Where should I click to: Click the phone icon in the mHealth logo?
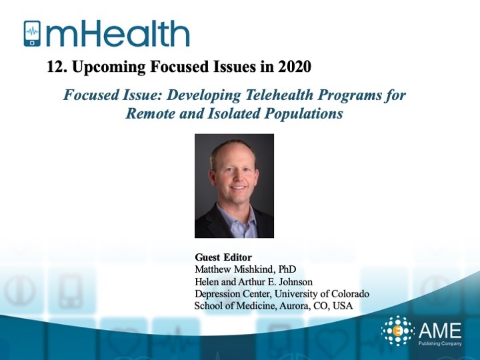click(x=32, y=33)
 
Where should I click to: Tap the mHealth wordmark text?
click(x=118, y=34)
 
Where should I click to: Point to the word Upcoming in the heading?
click(x=109, y=67)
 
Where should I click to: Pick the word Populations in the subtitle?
click(x=303, y=113)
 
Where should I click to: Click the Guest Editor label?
click(x=223, y=257)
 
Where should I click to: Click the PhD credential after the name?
click(x=287, y=269)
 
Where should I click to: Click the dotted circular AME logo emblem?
click(x=397, y=331)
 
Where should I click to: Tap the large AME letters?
click(x=440, y=331)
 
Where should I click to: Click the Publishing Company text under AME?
click(x=440, y=343)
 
